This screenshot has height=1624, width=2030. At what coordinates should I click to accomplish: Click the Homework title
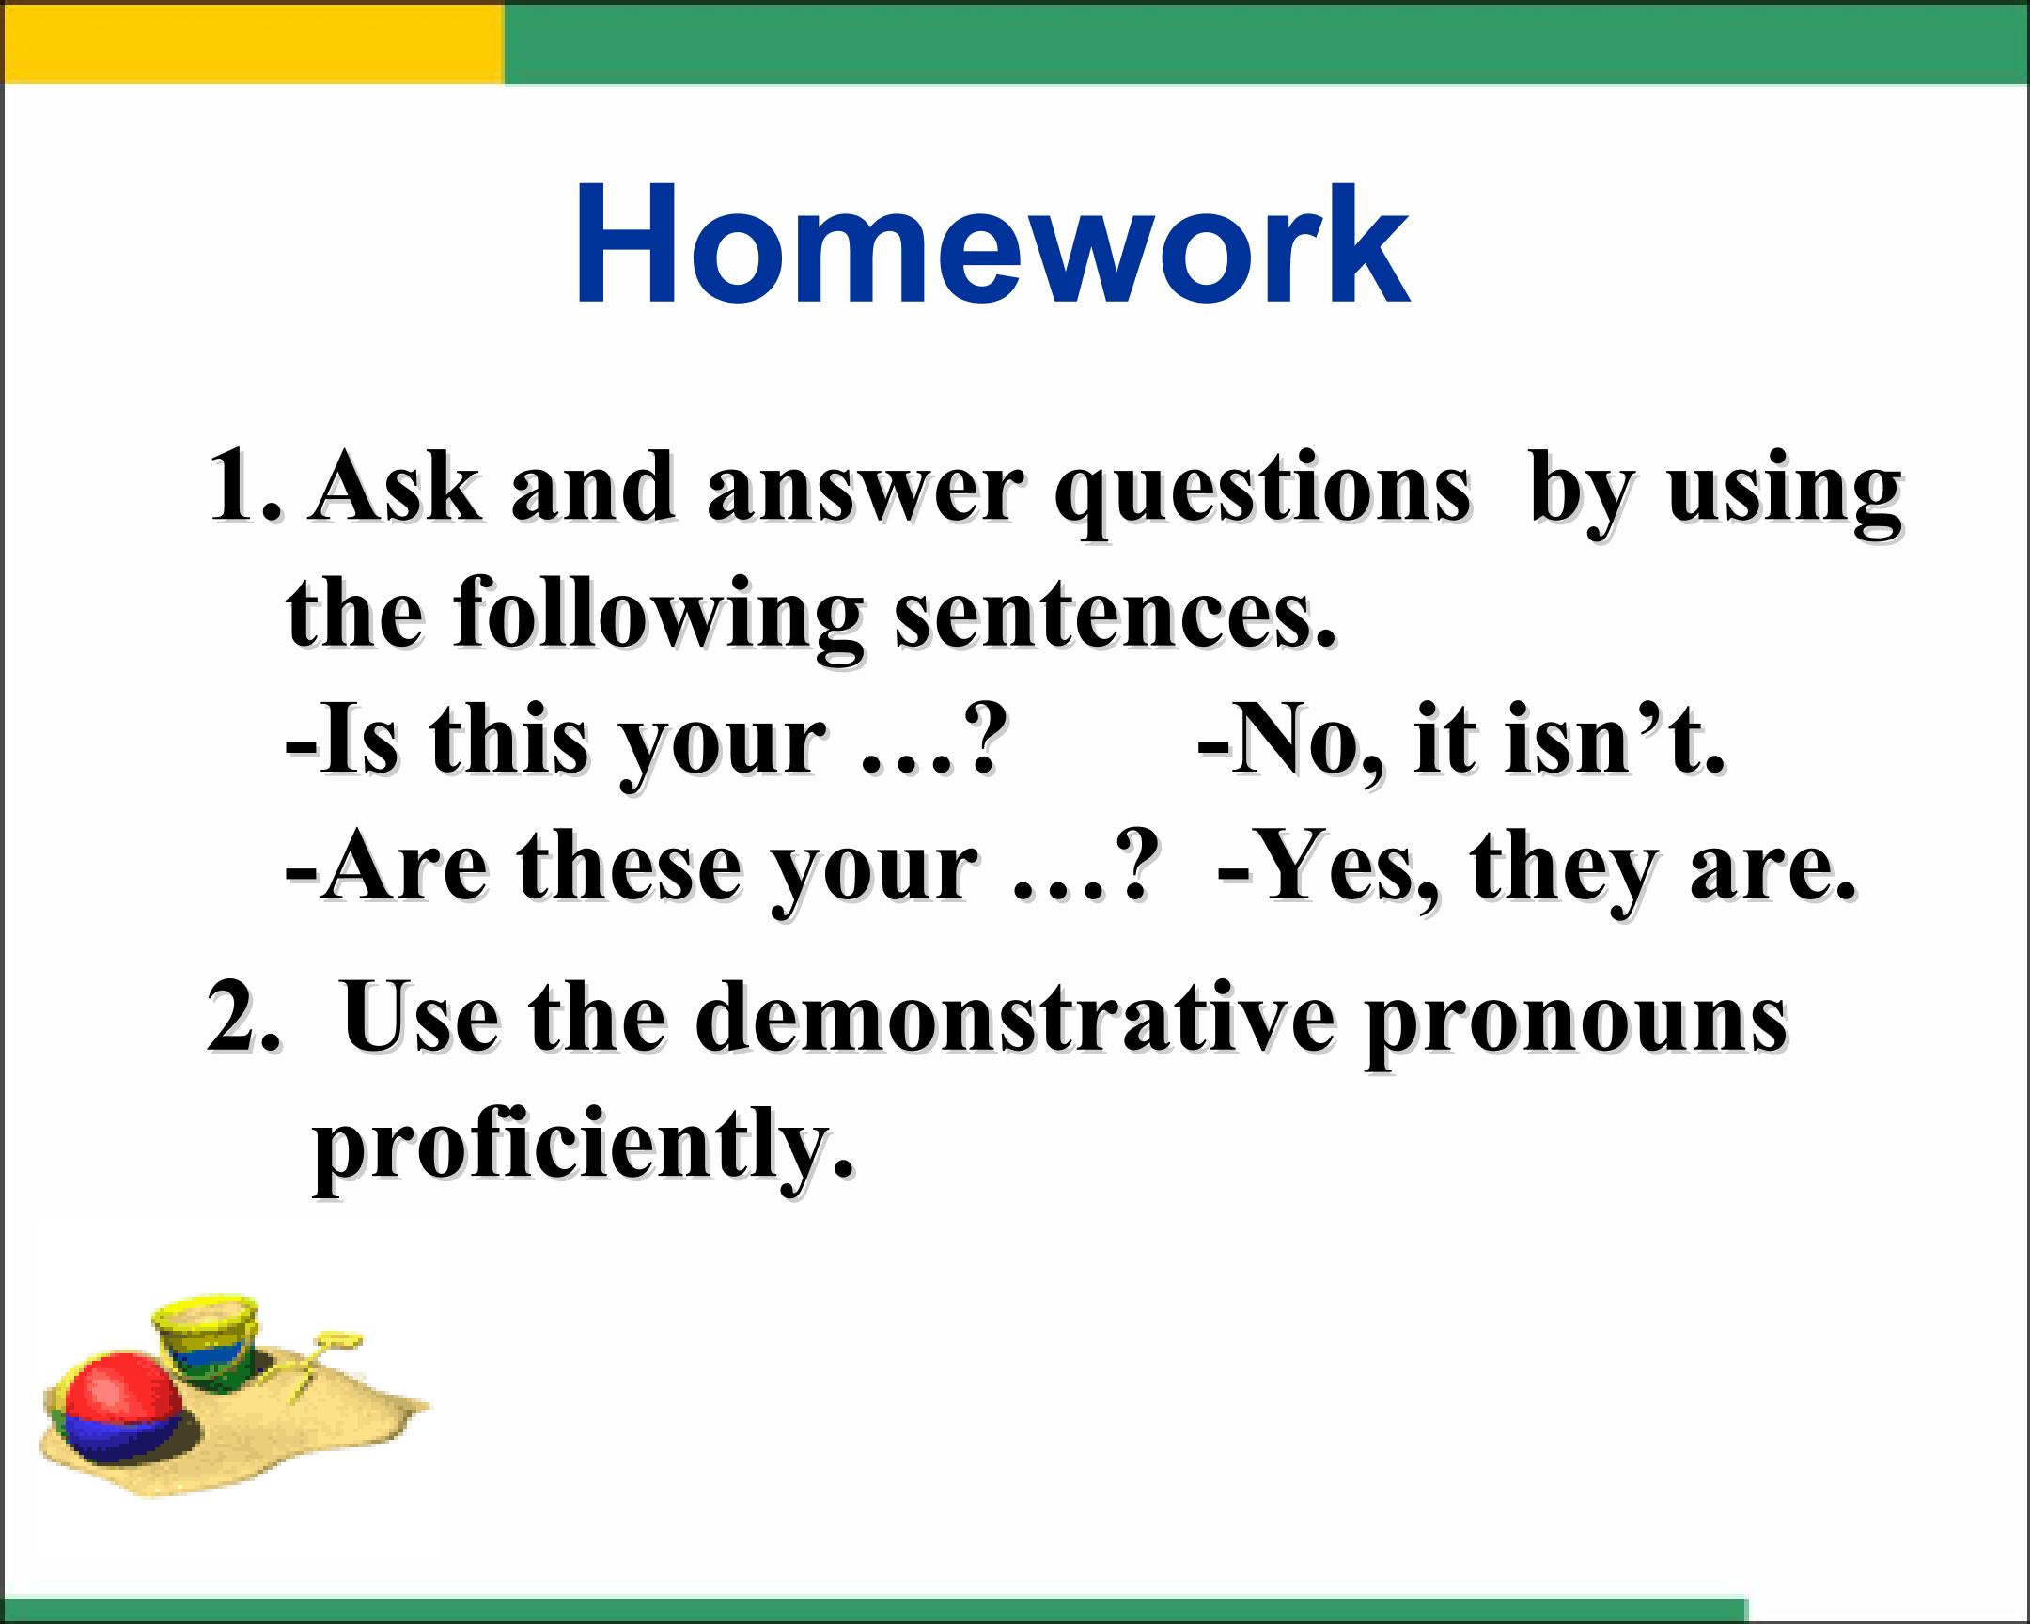992,243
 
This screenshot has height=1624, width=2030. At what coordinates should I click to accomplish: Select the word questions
1262,494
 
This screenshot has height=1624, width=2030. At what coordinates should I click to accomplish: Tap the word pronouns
1576,1027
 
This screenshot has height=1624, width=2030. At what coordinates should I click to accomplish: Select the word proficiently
584,1152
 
